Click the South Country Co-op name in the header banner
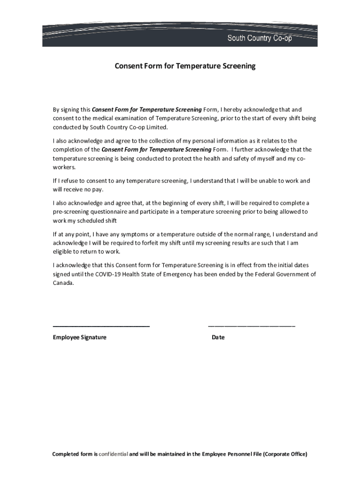[259, 38]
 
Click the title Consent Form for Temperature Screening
[185, 66]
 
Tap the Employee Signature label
[79, 337]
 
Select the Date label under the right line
[218, 337]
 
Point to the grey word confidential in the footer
[113, 454]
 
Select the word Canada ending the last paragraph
[63, 283]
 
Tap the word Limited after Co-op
[156, 127]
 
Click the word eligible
[63, 252]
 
